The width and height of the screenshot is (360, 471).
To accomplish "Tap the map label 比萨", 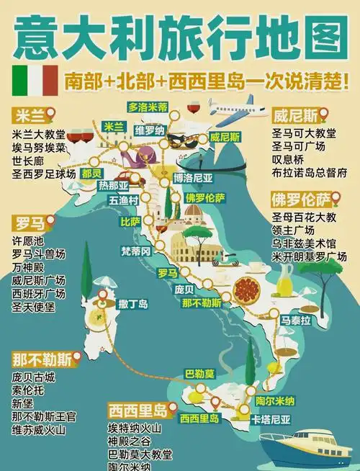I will (x=130, y=221).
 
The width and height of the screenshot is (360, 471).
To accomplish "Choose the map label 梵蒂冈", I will (x=136, y=251).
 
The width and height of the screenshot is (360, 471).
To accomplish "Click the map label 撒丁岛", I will (x=133, y=304).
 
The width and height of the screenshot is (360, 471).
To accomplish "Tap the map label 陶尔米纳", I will (x=275, y=401).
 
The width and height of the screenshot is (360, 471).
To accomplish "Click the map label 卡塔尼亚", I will (x=271, y=418).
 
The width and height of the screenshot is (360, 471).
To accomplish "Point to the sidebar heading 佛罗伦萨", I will (x=300, y=197).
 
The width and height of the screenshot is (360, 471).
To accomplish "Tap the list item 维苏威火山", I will (x=39, y=431).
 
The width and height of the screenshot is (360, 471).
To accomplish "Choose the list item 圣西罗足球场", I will (x=44, y=173).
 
